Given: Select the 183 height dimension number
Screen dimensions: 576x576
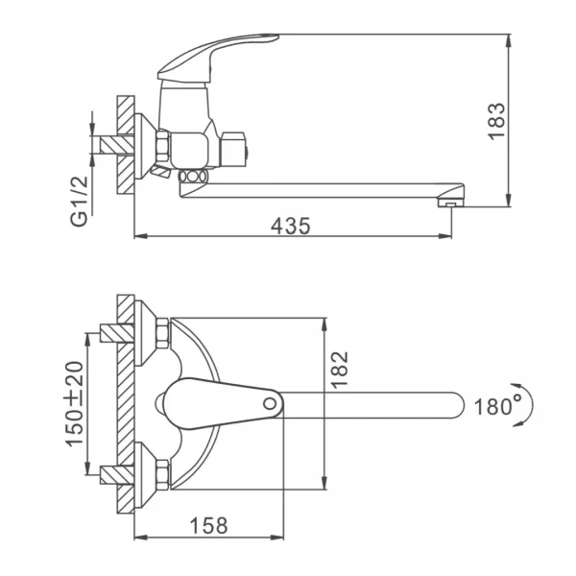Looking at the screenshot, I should pos(495,121).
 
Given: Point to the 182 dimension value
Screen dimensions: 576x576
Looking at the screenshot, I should pos(340,371).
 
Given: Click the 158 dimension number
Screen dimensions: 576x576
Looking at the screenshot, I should pos(208,526).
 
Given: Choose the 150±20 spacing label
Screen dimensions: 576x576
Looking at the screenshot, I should pos(74,403).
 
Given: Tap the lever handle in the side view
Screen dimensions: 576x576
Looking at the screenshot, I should pos(217,54).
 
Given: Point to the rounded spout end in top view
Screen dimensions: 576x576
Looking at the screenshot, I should pos(455,404).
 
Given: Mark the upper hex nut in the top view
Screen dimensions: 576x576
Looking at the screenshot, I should pos(162,332).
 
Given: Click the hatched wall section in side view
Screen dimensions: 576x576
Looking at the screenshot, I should pos(125,144).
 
